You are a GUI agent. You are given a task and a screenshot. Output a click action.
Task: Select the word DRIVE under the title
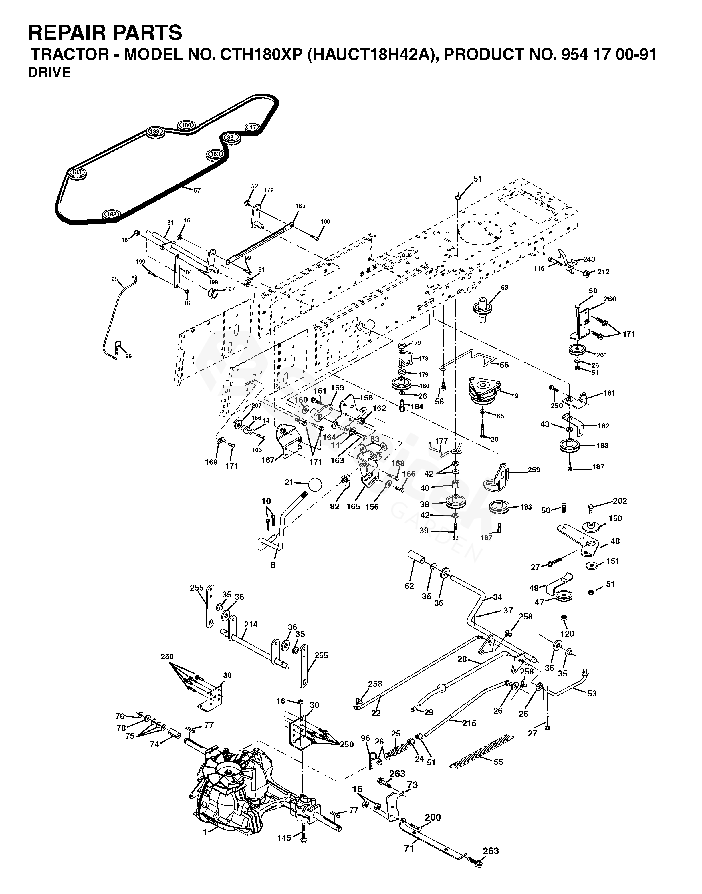pos(49,73)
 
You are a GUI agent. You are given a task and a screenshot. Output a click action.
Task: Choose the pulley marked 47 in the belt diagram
pos(252,127)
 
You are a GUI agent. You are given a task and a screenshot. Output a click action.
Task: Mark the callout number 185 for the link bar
pos(300,206)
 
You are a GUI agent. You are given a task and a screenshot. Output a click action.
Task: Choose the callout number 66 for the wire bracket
pos(504,365)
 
